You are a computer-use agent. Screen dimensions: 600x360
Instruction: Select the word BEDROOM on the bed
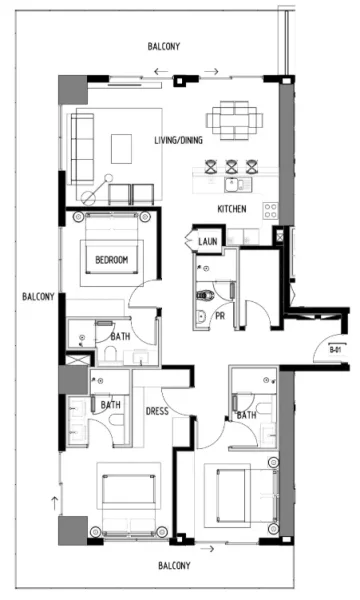coord(111,260)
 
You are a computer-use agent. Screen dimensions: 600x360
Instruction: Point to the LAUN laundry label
coord(208,242)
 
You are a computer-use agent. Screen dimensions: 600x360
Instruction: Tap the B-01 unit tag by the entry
coord(337,349)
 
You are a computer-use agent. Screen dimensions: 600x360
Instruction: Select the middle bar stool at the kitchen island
coord(233,167)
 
